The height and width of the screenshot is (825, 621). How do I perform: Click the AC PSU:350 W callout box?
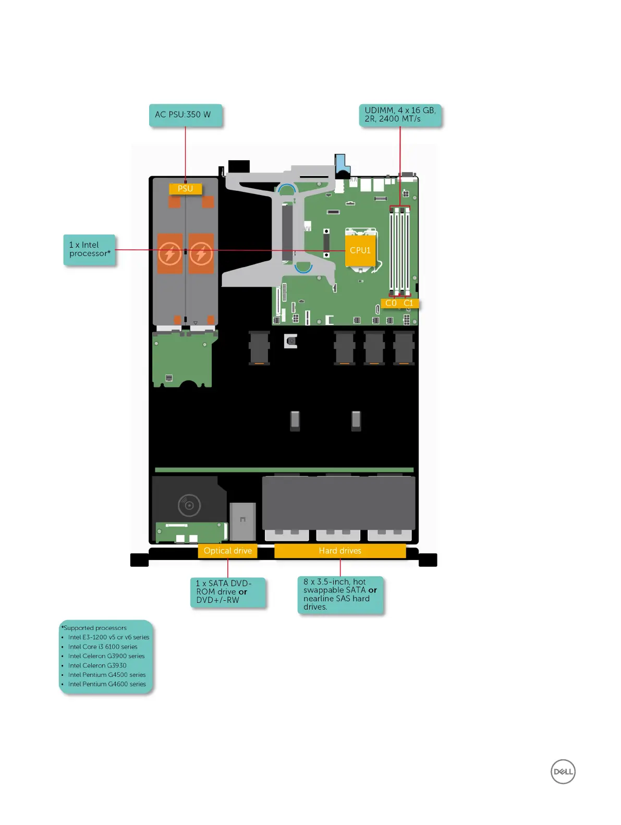tap(185, 115)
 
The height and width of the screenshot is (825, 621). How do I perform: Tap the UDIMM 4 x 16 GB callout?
tap(400, 115)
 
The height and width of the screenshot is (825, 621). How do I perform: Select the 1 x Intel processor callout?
tap(89, 249)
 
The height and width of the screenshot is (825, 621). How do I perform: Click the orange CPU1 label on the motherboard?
tap(360, 250)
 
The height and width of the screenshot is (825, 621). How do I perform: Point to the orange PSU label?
tap(185, 189)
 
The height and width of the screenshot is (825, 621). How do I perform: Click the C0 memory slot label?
tap(391, 303)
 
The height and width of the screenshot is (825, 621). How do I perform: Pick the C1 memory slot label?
tap(408, 303)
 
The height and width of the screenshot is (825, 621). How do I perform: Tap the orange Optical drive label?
tap(227, 551)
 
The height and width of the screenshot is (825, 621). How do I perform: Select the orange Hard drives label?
tap(340, 551)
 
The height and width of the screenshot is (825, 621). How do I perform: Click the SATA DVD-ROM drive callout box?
tap(228, 592)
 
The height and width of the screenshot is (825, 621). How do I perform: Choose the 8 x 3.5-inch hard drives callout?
tap(340, 595)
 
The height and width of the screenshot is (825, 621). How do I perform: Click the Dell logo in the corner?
tap(563, 772)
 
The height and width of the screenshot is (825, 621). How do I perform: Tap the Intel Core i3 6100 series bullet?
tap(103, 647)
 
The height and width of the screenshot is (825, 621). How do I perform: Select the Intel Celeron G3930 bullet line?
tap(97, 665)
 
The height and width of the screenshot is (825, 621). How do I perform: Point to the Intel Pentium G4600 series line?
tap(107, 684)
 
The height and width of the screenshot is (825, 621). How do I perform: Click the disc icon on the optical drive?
tap(189, 505)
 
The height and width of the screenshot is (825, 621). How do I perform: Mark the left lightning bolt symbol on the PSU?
tap(170, 254)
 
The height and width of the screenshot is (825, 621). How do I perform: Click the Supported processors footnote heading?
tap(94, 628)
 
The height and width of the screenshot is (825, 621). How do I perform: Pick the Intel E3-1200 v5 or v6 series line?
tap(108, 637)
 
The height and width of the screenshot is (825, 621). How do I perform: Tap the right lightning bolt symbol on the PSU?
tap(201, 254)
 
